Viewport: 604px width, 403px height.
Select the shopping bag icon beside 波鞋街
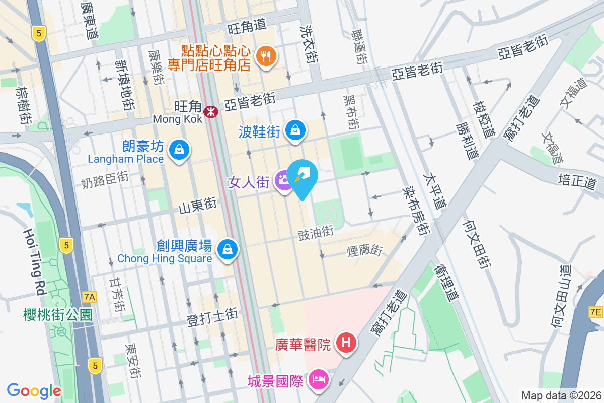(295, 130)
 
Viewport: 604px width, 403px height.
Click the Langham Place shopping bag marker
(178, 150)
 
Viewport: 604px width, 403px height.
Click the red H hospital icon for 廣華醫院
(346, 344)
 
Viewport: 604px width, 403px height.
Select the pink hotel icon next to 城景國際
(318, 378)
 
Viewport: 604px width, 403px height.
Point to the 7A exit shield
(89, 297)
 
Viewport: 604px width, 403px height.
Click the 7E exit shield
(596, 312)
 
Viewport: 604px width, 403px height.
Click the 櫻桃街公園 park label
(58, 315)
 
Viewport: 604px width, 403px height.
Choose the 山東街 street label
(198, 205)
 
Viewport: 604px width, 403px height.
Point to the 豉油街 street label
(316, 232)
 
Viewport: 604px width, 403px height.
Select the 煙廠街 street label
(365, 250)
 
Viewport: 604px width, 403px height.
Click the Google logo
(34, 390)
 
